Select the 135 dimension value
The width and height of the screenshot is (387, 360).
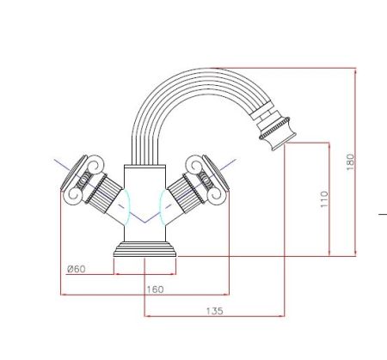216,310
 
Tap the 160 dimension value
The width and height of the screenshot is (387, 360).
155,290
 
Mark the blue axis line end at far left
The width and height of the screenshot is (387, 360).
55,159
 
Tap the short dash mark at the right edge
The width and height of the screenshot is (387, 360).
383,211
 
